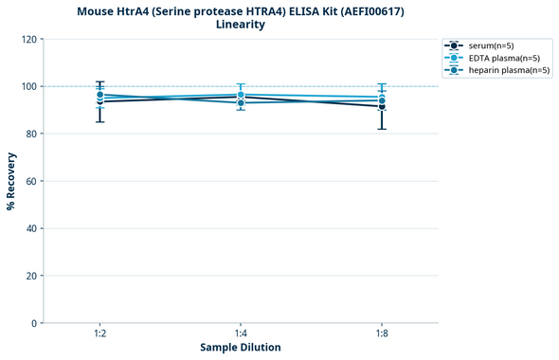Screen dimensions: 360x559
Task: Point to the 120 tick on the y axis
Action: coord(29,39)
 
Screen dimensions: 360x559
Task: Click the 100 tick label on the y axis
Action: coord(29,86)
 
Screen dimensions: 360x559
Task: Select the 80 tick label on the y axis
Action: coord(32,134)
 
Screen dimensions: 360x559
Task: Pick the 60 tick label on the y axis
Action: coord(32,181)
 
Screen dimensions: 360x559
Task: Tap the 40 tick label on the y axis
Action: coord(32,228)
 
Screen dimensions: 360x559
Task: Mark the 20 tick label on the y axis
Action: coord(32,276)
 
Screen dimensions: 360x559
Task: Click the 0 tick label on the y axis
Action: coord(35,323)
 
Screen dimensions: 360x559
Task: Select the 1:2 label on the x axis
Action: coord(99,334)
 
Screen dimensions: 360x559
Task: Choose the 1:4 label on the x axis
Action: coord(241,334)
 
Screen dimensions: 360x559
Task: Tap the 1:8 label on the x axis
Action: coord(382,334)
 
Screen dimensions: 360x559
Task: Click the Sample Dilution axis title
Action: coord(241,348)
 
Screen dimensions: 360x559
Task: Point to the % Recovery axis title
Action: coord(11,181)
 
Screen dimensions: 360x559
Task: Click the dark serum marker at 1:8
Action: coord(382,106)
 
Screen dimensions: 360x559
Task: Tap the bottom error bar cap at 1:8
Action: coord(382,129)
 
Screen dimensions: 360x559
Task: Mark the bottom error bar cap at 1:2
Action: coord(99,121)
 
